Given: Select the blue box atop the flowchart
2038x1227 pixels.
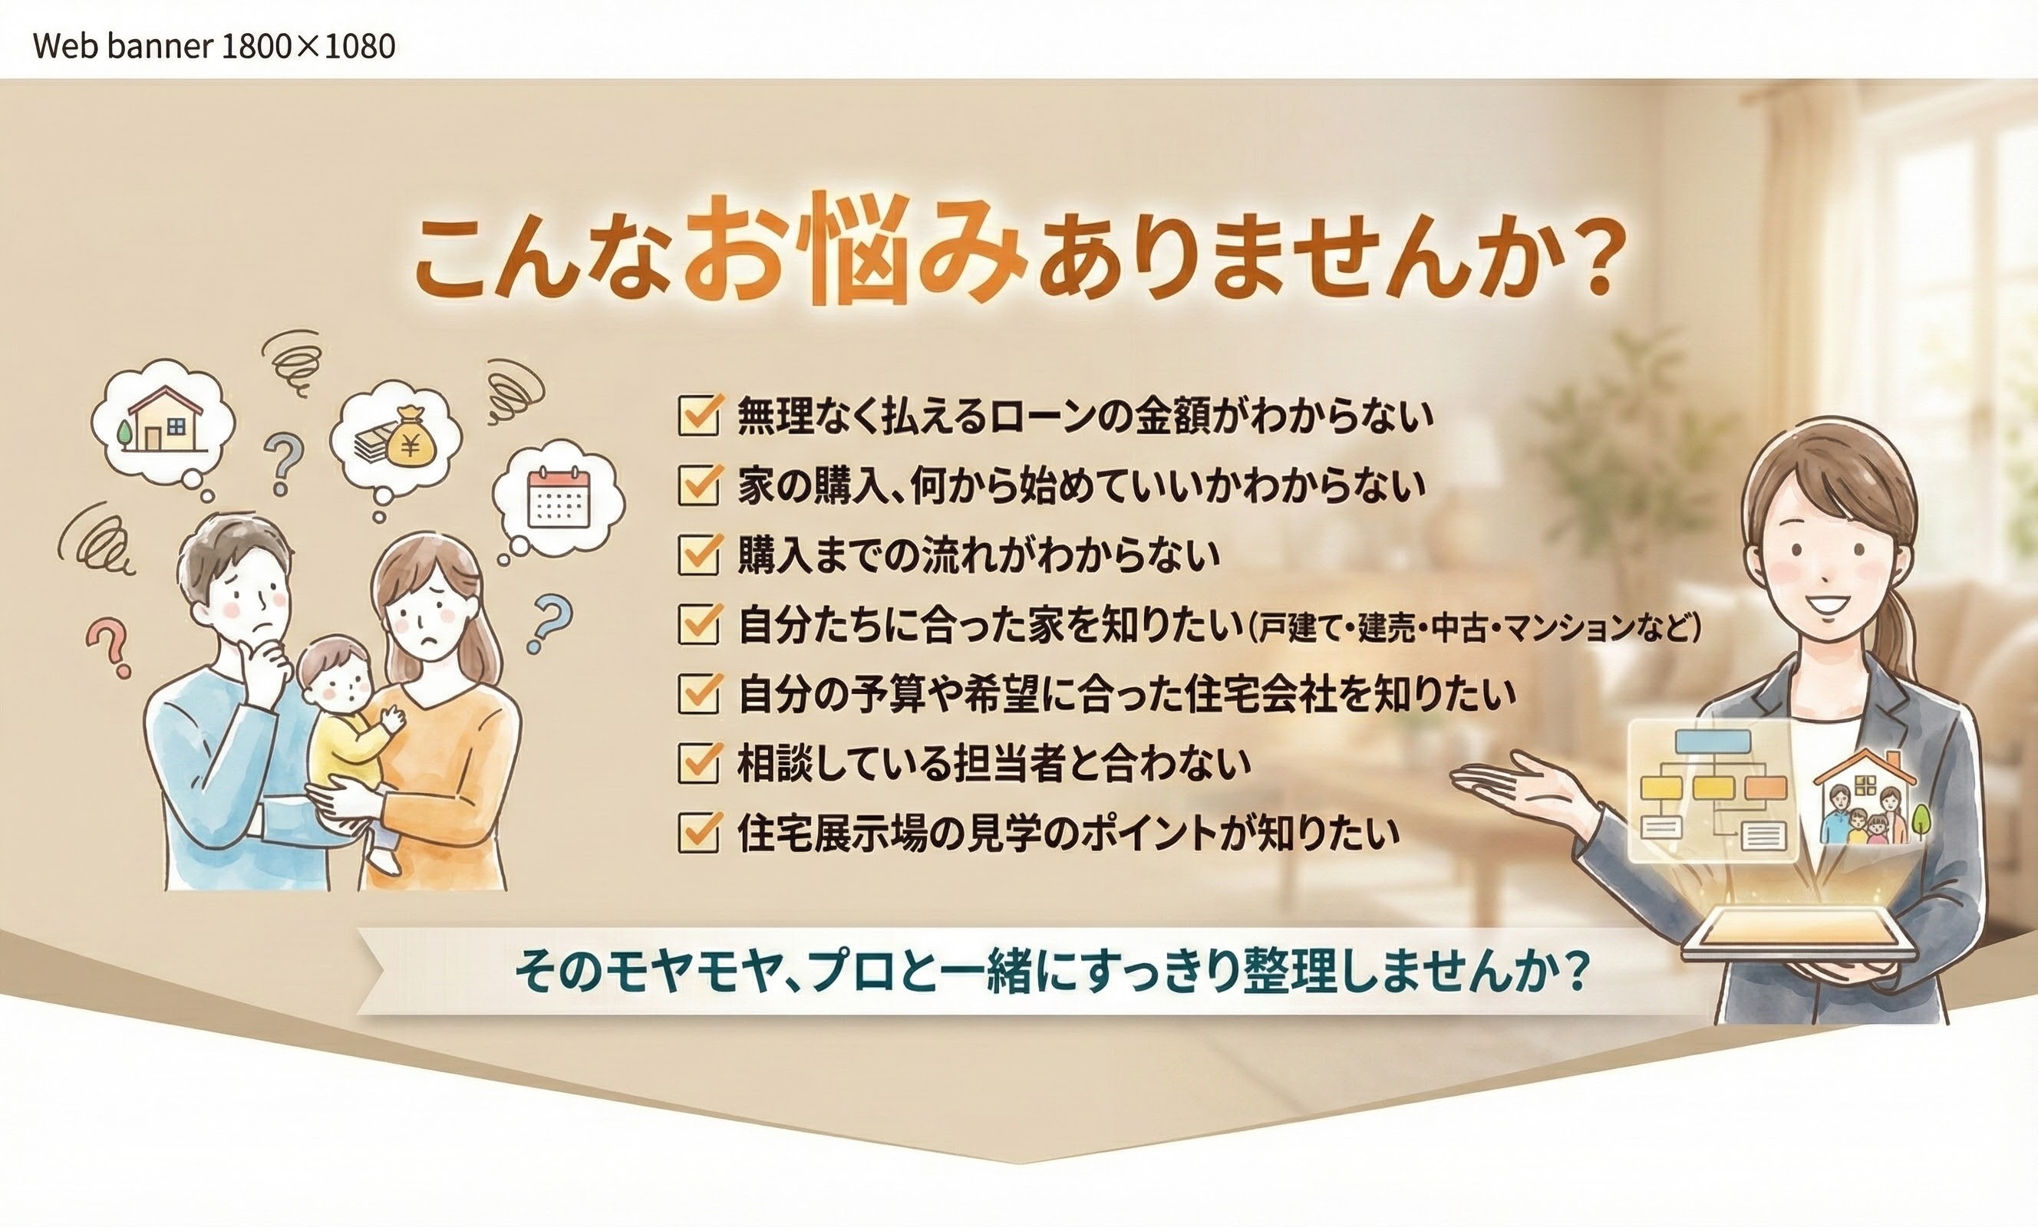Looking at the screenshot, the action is coord(1711,742).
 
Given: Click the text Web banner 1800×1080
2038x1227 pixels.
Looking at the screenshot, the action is coord(214,46).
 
